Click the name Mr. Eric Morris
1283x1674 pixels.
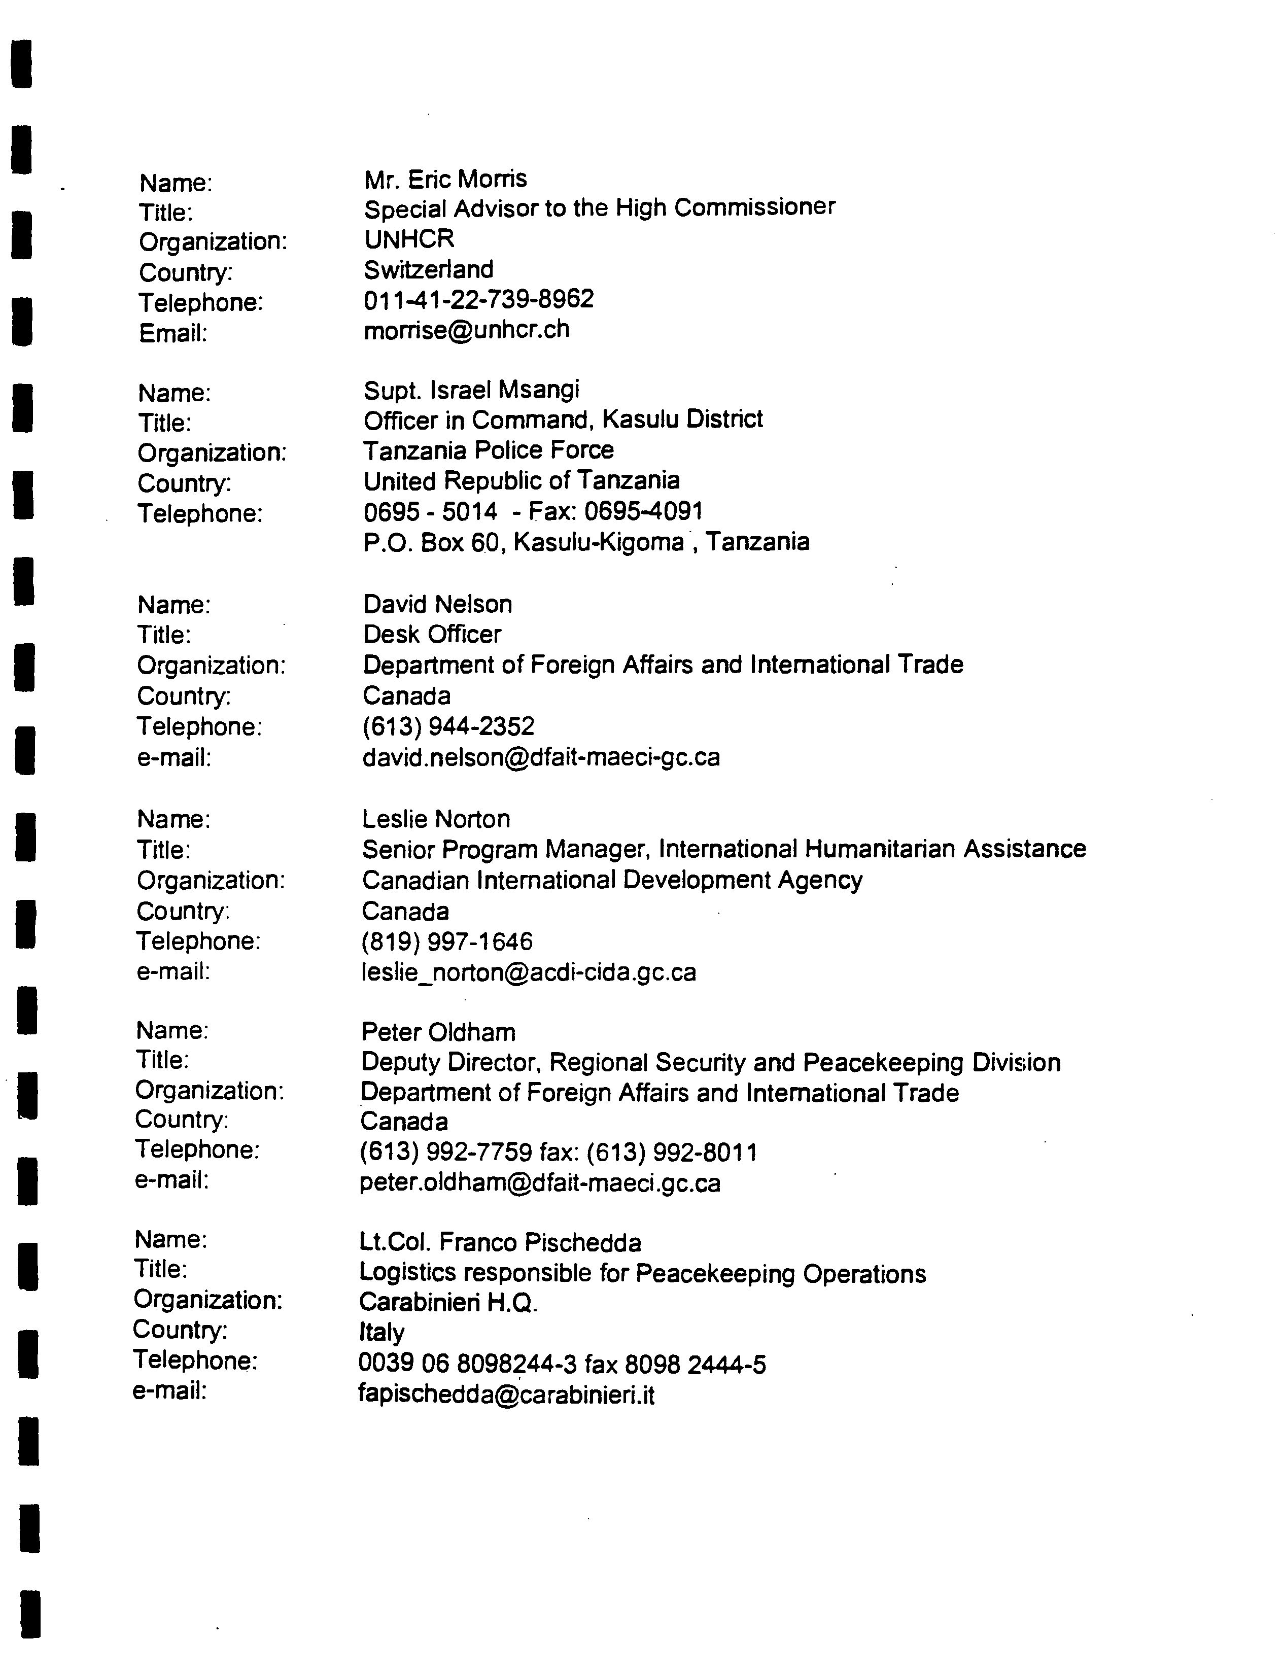click(x=445, y=180)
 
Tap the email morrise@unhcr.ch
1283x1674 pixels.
click(x=467, y=329)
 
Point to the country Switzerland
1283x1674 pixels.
click(x=429, y=269)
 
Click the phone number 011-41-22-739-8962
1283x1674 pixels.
click(x=479, y=299)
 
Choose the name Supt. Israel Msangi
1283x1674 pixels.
click(x=471, y=390)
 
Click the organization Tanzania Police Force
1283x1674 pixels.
click(x=488, y=450)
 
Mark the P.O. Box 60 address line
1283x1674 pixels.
click(x=586, y=542)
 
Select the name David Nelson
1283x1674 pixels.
click(x=438, y=604)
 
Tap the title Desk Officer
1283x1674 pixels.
click(x=432, y=634)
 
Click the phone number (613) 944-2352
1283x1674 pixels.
click(x=448, y=726)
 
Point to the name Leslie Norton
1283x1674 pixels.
click(x=436, y=819)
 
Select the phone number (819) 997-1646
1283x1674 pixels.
click(x=447, y=941)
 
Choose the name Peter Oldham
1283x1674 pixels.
click(x=438, y=1032)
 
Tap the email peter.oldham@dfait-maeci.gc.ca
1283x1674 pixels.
click(x=540, y=1183)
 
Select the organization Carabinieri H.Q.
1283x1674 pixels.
click(x=448, y=1302)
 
